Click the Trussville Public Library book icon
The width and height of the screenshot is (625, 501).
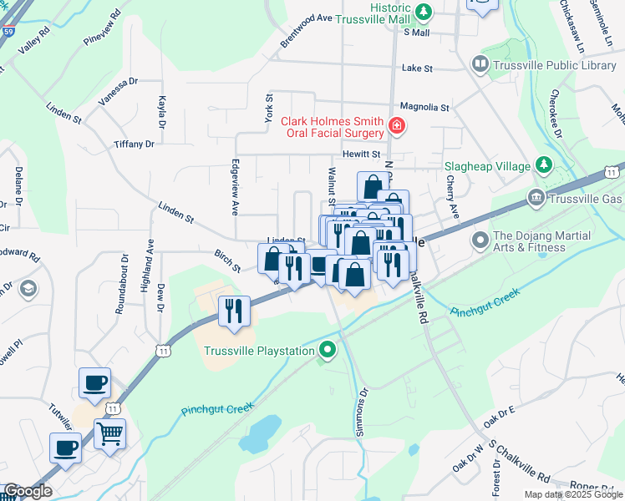pos(480,64)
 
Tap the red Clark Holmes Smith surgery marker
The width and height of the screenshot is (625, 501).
pos(396,127)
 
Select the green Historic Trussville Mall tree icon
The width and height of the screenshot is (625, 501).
pos(424,12)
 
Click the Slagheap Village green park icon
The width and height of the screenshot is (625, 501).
pos(544,164)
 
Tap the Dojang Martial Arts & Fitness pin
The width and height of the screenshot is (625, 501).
pos(480,241)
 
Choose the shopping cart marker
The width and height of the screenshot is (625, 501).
pos(109,433)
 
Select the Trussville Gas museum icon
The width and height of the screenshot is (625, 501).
pos(535,198)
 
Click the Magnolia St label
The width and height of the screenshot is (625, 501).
pos(424,107)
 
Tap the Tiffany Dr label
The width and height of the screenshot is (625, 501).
pos(135,144)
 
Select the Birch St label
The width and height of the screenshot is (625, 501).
pos(226,261)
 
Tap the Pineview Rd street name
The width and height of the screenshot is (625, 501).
pos(102,29)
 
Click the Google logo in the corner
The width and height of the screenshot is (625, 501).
pos(28,491)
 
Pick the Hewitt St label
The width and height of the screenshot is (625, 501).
pos(361,154)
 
